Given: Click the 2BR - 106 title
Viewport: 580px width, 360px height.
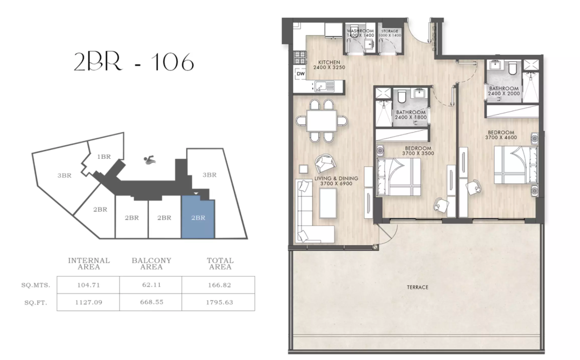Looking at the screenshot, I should tap(133, 62).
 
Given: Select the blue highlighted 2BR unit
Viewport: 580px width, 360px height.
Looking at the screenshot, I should tap(198, 218).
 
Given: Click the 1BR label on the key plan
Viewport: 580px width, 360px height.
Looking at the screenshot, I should tap(104, 157).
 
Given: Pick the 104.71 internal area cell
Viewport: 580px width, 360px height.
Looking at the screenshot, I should tap(88, 285).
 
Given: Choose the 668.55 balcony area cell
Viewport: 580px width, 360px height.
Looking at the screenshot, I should tap(151, 302).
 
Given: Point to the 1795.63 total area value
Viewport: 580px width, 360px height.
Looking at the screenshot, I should tap(220, 302).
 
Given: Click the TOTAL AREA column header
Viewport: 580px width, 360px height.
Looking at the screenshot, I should tap(220, 263).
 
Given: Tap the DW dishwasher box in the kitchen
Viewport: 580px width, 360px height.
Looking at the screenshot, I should tap(301, 74).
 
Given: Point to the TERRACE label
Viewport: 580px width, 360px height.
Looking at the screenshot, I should tap(417, 287).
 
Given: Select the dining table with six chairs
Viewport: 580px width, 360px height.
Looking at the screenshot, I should tap(322, 121).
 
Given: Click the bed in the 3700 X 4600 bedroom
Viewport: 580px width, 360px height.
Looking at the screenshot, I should tap(515, 165).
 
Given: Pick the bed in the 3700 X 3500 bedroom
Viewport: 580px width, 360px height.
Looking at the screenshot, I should tap(399, 176).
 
